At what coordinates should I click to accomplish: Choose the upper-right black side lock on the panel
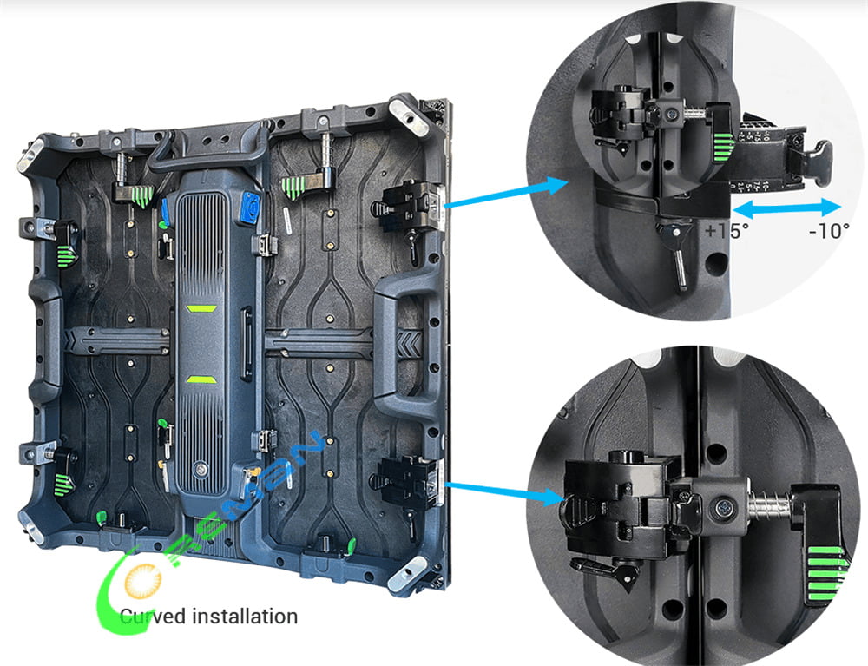pyautogui.click(x=404, y=205)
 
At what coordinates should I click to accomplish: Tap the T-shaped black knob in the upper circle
pyautogui.click(x=818, y=160)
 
